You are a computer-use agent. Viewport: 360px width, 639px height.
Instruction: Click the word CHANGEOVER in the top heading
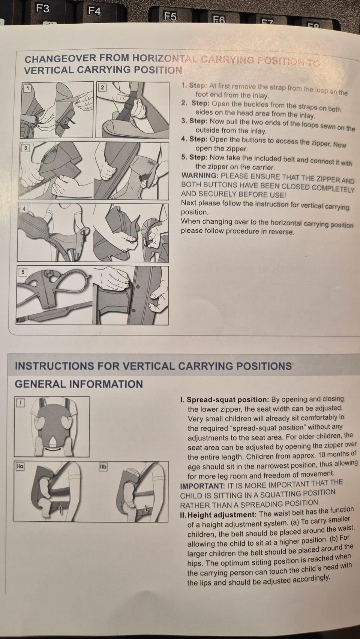click(60, 59)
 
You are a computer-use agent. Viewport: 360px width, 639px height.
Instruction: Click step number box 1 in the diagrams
click(27, 88)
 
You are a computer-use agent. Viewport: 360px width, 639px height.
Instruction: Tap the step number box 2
click(102, 87)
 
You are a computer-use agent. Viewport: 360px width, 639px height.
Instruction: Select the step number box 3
click(26, 148)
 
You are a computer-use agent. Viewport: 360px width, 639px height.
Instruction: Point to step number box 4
click(24, 208)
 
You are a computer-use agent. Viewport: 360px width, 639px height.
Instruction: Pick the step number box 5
click(23, 272)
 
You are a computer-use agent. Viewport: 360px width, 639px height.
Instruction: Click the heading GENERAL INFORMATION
click(79, 384)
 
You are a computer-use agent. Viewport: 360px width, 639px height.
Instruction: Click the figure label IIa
click(20, 466)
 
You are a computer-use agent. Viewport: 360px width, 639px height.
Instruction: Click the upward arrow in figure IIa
click(60, 509)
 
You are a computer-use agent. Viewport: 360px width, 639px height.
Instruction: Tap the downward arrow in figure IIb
click(147, 508)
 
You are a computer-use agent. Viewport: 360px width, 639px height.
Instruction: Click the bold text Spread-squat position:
click(228, 400)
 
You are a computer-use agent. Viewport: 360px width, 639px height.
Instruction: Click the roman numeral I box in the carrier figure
click(20, 403)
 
